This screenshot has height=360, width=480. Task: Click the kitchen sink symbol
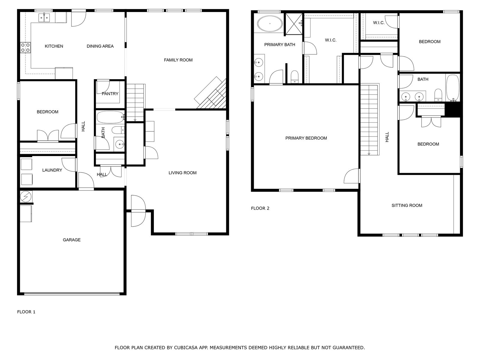coord(45,18)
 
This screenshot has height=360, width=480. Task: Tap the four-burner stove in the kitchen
coord(25,48)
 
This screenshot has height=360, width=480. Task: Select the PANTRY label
coord(110,94)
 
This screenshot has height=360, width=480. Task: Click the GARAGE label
coord(72,240)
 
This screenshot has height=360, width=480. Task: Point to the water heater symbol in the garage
coord(26,197)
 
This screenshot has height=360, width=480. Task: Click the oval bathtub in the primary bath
coord(270,24)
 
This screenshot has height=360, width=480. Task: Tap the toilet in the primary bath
coord(295,76)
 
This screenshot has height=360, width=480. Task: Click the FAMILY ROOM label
coord(178,60)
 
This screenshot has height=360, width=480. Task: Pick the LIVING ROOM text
coord(182,173)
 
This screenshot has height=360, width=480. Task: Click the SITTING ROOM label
coord(407,205)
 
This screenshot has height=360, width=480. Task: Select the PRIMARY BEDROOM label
coord(306,138)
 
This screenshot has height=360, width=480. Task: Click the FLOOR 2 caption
coord(260,208)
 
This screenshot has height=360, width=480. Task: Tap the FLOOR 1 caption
coord(26,312)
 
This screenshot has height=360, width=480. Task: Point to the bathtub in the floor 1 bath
coord(110,117)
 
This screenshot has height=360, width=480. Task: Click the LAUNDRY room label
coord(52,170)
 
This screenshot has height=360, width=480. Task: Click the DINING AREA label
coord(100,46)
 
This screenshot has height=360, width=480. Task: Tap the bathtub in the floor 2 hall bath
coord(452,88)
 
